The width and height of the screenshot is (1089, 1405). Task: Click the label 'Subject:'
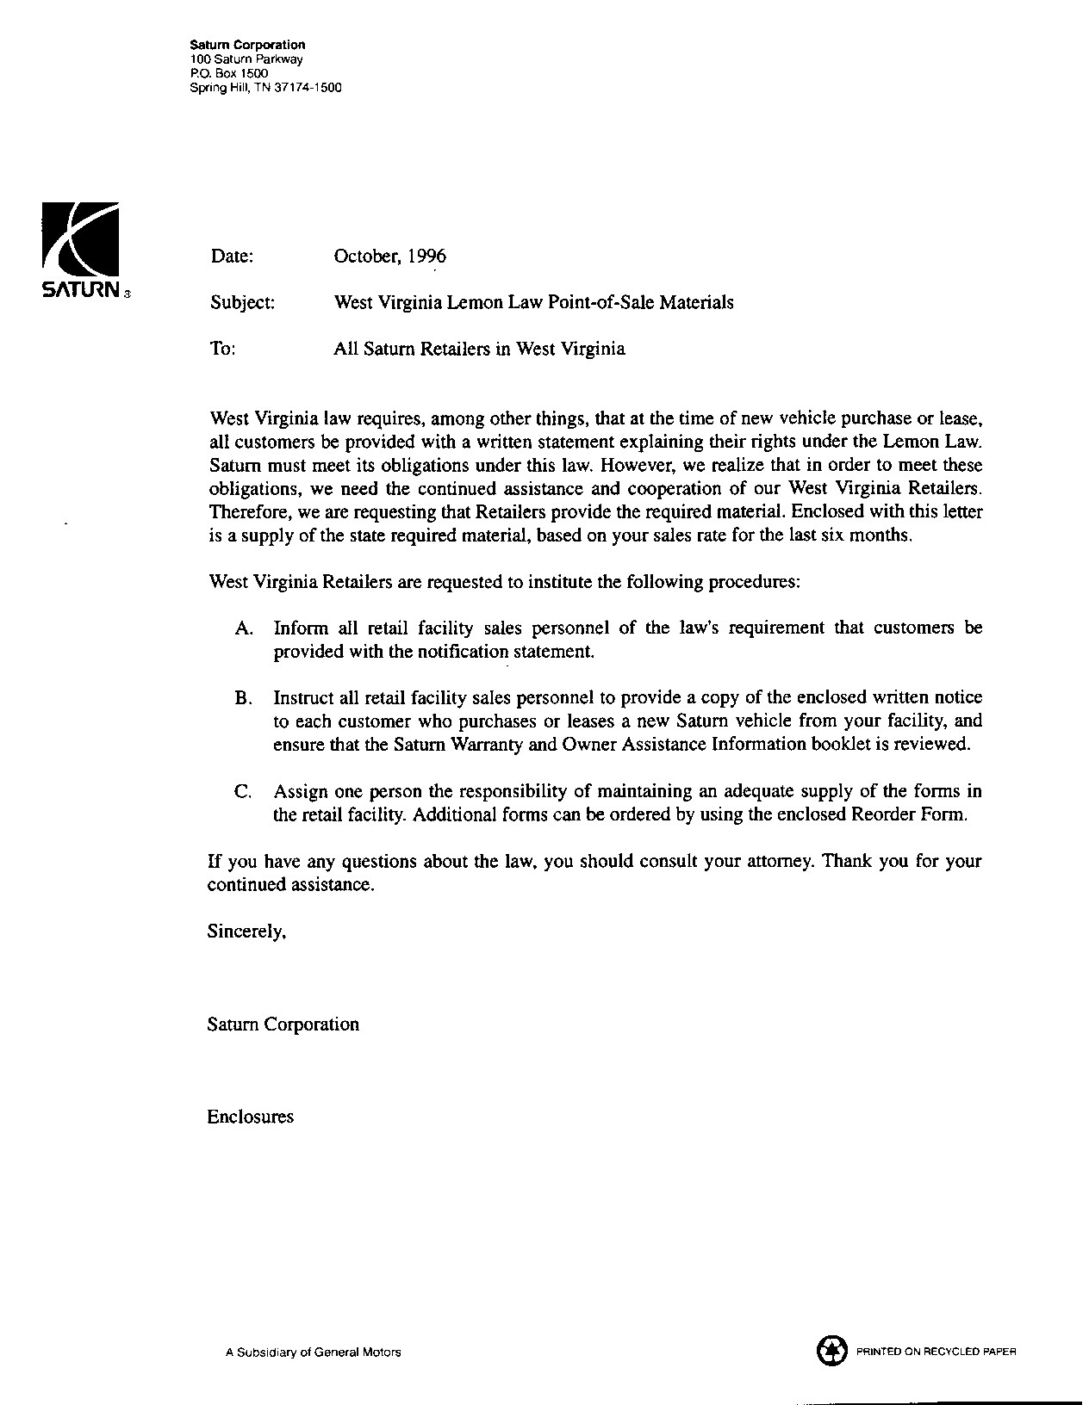243,302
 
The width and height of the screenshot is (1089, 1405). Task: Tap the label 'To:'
222,349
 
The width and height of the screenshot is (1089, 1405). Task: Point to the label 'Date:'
232,256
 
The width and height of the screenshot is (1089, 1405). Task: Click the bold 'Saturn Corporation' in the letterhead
246,45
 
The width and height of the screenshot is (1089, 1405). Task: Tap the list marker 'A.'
243,628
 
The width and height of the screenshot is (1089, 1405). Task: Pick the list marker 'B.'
243,697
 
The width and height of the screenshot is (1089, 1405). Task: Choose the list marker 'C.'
243,791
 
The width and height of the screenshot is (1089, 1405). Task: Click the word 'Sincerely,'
246,931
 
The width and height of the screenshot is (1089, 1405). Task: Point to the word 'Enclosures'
250,1117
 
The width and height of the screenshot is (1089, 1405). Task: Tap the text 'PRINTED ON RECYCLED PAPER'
936,1352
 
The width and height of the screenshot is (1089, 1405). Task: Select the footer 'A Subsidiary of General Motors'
313,1352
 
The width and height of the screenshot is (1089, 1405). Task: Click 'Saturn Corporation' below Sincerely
283,1024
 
